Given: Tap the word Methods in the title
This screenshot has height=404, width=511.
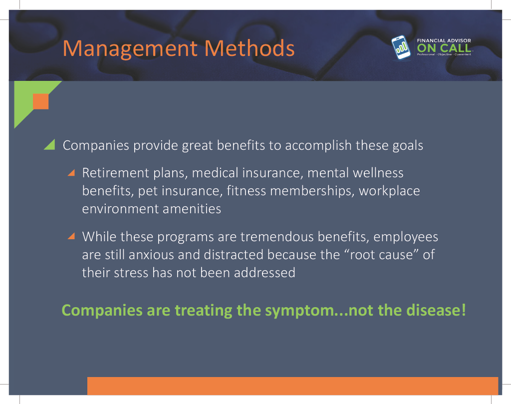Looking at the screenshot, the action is click(x=250, y=48).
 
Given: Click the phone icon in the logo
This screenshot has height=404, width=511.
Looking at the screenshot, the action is click(x=401, y=47).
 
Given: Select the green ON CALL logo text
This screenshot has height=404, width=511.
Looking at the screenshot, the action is click(x=444, y=48).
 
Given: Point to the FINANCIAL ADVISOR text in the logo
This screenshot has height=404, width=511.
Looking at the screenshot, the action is click(x=444, y=40).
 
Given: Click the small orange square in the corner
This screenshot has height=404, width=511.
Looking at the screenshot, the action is click(x=41, y=101).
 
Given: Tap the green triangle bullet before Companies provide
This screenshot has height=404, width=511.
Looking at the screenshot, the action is click(x=49, y=144).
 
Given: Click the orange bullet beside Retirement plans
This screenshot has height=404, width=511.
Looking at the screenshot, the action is click(x=71, y=172).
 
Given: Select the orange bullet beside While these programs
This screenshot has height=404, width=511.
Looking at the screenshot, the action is click(x=71, y=236).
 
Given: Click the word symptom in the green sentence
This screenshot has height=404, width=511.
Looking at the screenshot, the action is click(x=300, y=311).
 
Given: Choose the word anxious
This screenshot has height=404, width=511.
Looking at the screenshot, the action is click(x=151, y=255).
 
